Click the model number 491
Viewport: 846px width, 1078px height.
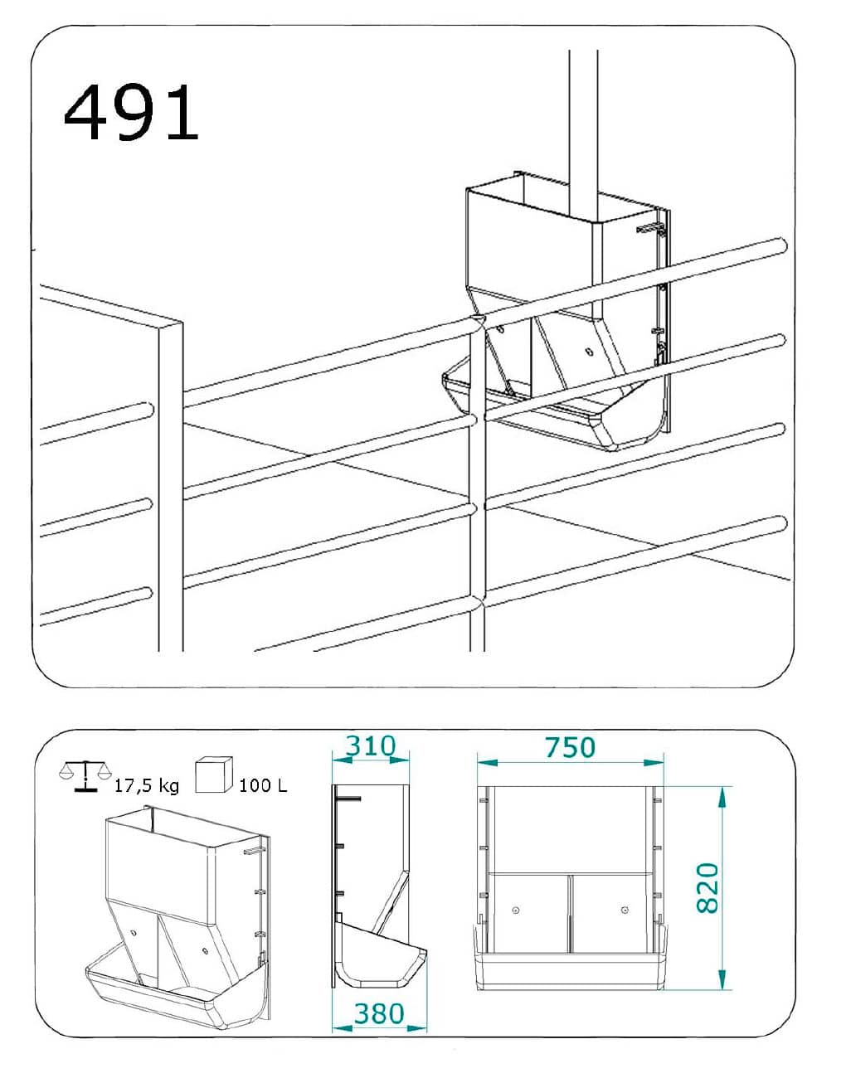tap(131, 112)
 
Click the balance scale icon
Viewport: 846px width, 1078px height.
tap(85, 776)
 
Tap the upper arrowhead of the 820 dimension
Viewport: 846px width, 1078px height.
tap(722, 797)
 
